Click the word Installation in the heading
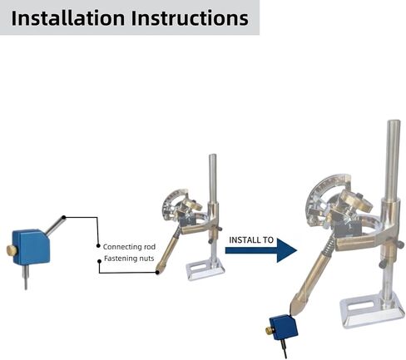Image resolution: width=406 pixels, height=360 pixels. click(68, 18)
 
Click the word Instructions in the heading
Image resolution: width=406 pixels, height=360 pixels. click(190, 18)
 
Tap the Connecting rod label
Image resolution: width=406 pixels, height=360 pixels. click(129, 247)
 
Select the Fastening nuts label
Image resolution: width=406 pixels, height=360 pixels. click(129, 259)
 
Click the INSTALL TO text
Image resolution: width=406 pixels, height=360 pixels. click(251, 240)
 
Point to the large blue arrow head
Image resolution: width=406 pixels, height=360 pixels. click(285, 250)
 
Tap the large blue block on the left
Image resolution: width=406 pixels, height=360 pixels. click(31, 247)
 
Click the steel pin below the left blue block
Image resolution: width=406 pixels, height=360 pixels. click(26, 277)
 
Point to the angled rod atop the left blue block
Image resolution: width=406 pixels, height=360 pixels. click(55, 226)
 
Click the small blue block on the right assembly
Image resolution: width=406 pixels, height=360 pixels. click(284, 328)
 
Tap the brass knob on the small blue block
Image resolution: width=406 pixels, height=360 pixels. click(270, 330)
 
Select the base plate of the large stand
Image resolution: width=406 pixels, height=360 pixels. click(372, 310)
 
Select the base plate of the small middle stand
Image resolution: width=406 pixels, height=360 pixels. click(205, 270)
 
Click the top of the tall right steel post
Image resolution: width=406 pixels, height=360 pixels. click(394, 122)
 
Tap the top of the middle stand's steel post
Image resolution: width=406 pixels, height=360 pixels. click(213, 155)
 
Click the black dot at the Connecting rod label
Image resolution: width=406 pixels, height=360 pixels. click(98, 246)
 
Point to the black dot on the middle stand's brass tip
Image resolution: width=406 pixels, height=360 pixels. click(157, 273)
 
